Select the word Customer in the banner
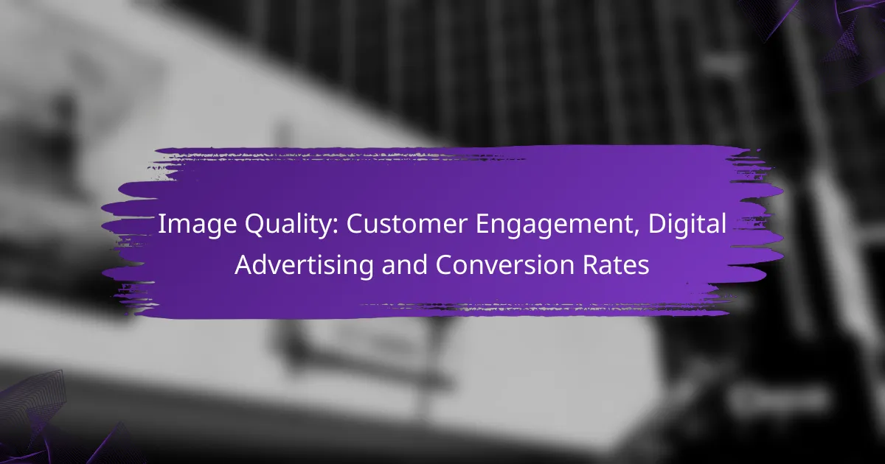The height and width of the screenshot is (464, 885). click(406, 224)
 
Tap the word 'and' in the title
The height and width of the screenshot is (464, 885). click(404, 264)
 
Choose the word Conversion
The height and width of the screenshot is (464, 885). click(504, 264)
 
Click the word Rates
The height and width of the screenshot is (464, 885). click(616, 264)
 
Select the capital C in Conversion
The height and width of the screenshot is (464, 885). click(445, 264)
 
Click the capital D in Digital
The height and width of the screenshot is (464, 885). click(657, 224)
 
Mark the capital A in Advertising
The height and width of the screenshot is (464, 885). click(245, 264)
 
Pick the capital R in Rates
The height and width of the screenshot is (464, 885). click(591, 264)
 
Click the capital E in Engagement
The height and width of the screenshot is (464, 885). click(482, 224)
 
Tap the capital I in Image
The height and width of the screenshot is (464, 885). click(161, 224)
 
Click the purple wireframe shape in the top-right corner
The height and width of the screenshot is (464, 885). click(830, 35)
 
